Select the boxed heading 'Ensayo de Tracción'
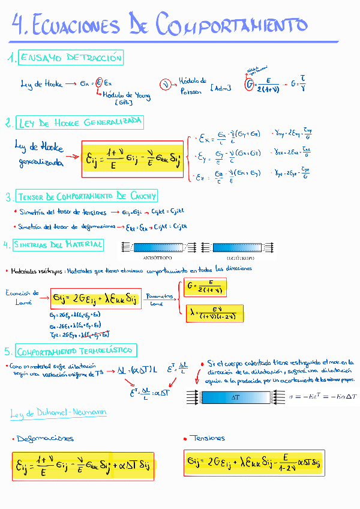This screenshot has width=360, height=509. pyautogui.click(x=71, y=58)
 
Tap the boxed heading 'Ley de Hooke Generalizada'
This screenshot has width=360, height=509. pyautogui.click(x=80, y=122)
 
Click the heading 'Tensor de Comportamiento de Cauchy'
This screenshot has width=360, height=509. pyautogui.click(x=87, y=196)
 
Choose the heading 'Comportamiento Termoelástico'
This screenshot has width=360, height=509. pyautogui.click(x=76, y=351)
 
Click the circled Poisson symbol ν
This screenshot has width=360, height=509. pyautogui.click(x=166, y=85)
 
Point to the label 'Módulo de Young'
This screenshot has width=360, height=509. pyautogui.click(x=127, y=97)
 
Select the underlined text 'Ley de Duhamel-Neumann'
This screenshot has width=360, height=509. pyautogui.click(x=58, y=412)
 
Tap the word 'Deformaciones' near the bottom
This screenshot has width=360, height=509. pyautogui.click(x=46, y=439)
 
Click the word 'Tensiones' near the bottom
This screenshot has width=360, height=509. pyautogui.click(x=207, y=438)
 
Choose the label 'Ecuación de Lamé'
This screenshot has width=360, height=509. pyautogui.click(x=23, y=297)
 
